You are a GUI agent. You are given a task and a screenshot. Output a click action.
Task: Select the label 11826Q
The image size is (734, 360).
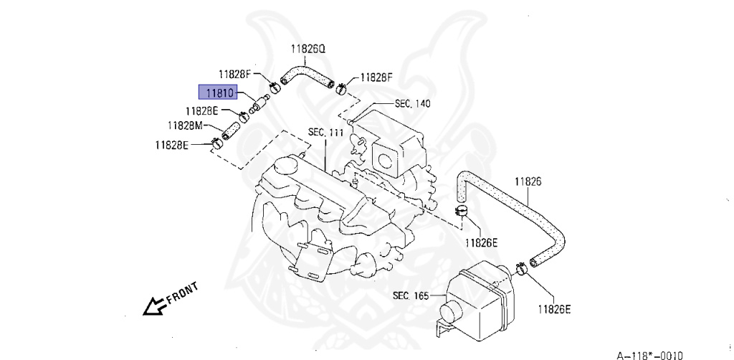308,49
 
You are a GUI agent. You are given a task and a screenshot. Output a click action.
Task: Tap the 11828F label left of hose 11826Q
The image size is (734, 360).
234,74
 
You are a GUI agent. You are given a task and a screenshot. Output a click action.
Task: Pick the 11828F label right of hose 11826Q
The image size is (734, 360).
376,77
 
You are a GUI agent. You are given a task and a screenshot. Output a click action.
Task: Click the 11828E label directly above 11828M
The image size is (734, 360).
201,111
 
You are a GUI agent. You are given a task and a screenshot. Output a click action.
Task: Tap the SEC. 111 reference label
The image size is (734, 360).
326,133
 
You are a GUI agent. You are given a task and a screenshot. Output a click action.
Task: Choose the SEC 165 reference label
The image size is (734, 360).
410,295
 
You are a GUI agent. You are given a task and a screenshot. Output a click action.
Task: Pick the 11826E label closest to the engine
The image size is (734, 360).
480,242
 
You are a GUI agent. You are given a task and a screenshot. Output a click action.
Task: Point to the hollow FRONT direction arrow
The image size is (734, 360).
153,307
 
